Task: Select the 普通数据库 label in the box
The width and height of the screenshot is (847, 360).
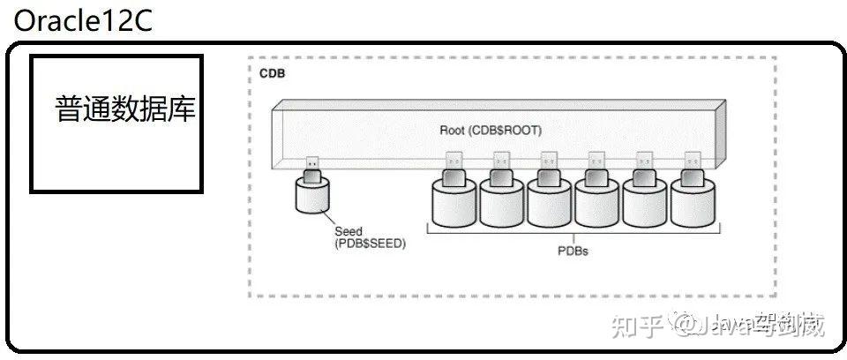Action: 125,110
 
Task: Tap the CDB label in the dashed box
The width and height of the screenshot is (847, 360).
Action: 272,73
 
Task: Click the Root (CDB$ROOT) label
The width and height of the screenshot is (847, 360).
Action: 491,130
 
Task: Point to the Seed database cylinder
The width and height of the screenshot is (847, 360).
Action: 311,198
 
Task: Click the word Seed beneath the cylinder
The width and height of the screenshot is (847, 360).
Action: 349,231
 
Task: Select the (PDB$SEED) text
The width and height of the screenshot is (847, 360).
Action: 370,244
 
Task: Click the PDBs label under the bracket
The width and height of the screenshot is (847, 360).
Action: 573,251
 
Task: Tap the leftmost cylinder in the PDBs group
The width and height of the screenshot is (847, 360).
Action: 454,203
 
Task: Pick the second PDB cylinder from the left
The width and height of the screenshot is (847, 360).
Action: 502,203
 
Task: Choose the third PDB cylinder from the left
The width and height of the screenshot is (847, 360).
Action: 550,203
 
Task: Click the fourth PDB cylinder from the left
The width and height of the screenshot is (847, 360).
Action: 597,203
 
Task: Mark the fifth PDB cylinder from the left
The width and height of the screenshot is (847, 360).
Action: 645,203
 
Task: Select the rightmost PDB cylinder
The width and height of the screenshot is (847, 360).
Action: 693,203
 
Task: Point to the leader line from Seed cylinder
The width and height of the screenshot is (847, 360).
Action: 328,220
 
